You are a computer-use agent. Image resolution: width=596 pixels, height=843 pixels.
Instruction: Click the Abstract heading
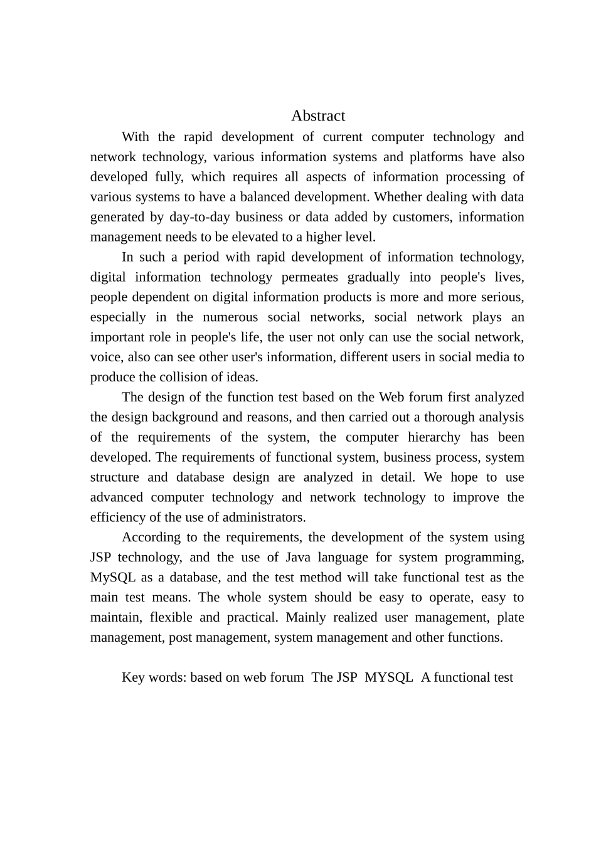click(318, 116)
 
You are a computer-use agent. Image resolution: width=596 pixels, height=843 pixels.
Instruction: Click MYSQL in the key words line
click(389, 677)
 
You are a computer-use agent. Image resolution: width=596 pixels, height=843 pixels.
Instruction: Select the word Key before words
click(133, 677)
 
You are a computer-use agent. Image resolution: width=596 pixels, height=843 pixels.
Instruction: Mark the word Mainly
click(306, 617)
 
